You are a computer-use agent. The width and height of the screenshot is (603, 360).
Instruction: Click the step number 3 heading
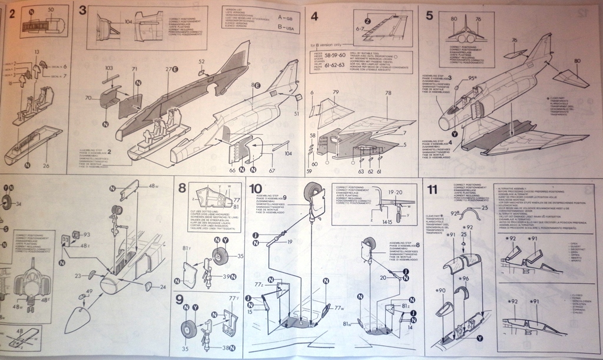pyautogui.click(x=82, y=9)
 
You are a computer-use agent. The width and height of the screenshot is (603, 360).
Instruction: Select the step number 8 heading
pyautogui.click(x=182, y=189)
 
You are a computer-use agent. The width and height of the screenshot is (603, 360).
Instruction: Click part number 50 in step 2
pyautogui.click(x=51, y=10)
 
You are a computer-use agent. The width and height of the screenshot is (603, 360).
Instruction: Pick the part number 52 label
pyautogui.click(x=201, y=61)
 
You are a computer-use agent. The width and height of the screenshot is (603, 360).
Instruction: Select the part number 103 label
pyautogui.click(x=108, y=68)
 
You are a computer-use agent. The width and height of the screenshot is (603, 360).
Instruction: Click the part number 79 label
pyautogui.click(x=334, y=93)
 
